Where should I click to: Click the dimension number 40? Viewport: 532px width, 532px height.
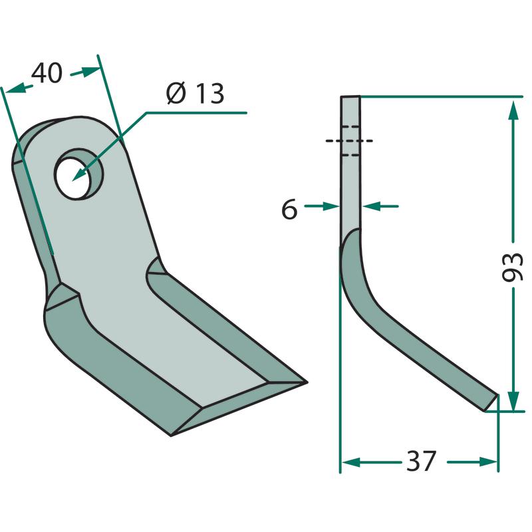click(47, 73)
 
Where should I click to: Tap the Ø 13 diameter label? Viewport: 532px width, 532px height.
click(196, 93)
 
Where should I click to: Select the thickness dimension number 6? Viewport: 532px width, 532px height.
click(289, 209)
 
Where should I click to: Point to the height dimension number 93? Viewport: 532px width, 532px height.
click(513, 267)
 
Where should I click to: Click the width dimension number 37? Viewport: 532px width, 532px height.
click(421, 461)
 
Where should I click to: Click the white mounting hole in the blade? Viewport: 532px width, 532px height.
click(72, 179)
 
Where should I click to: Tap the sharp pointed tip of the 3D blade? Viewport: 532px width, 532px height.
click(307, 382)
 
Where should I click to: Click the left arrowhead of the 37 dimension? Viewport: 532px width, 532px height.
click(352, 462)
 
